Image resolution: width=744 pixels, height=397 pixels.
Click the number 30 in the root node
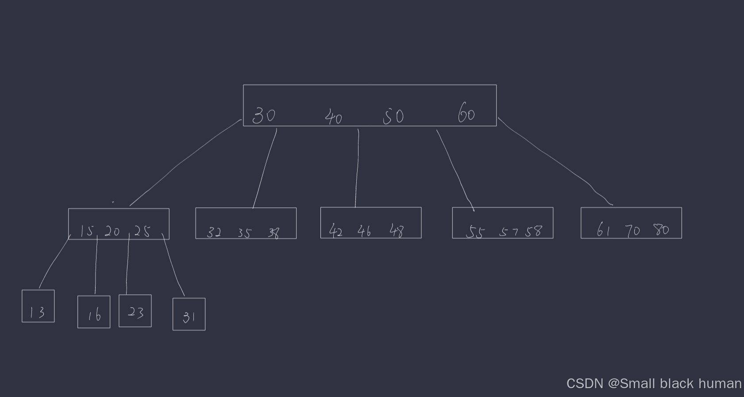click(x=264, y=115)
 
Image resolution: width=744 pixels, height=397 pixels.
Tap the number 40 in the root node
click(x=333, y=117)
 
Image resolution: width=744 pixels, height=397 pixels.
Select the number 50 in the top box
click(x=393, y=117)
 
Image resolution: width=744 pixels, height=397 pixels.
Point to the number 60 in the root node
click(x=466, y=113)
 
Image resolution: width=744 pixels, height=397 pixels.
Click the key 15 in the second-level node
click(x=87, y=231)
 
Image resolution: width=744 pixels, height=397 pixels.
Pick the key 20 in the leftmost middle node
click(x=112, y=231)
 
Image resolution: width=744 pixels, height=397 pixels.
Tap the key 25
click(x=142, y=231)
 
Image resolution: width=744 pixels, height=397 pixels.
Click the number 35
click(x=244, y=233)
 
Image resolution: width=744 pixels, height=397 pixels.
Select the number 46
click(x=364, y=231)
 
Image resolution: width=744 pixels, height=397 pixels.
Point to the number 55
click(x=475, y=232)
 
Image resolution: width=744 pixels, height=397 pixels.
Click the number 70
click(x=632, y=230)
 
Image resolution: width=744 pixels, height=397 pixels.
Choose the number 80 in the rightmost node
click(x=661, y=230)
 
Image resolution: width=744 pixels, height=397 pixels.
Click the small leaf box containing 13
click(x=38, y=306)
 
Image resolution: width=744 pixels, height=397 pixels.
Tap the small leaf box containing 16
click(x=94, y=312)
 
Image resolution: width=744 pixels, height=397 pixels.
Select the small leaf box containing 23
click(x=135, y=311)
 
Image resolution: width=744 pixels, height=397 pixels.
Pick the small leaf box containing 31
click(x=189, y=314)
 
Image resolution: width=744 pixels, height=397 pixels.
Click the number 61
click(x=604, y=230)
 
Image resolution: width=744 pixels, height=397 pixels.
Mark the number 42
click(x=336, y=231)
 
